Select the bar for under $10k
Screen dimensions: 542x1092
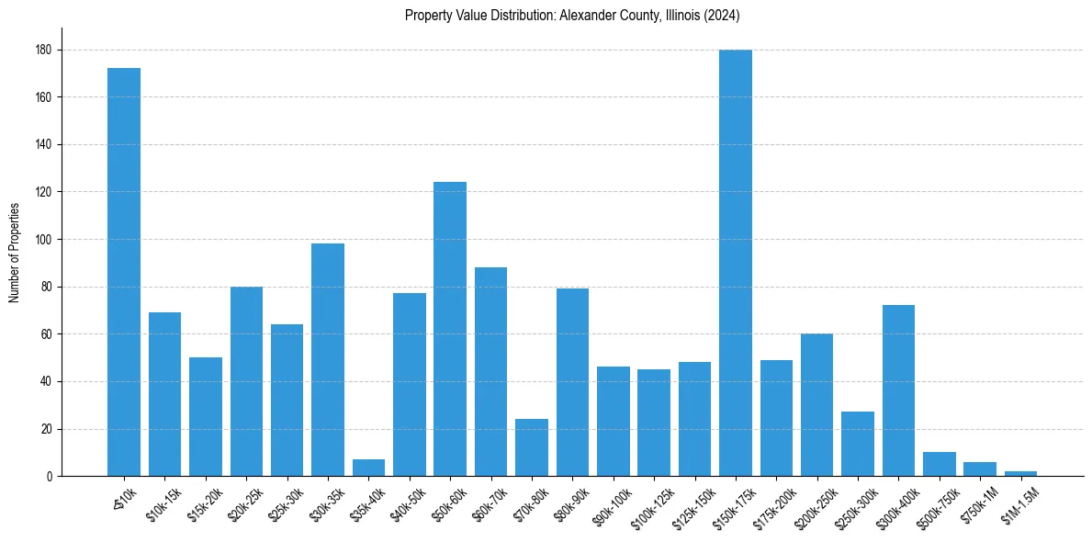tap(124, 272)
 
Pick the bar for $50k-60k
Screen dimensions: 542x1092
tap(450, 329)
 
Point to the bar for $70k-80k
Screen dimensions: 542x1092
tap(532, 448)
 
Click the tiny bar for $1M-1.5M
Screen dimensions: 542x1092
tap(1020, 473)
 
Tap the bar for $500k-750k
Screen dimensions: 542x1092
tap(940, 464)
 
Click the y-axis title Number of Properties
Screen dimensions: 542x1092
tap(14, 253)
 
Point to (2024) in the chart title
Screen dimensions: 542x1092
tap(722, 16)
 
